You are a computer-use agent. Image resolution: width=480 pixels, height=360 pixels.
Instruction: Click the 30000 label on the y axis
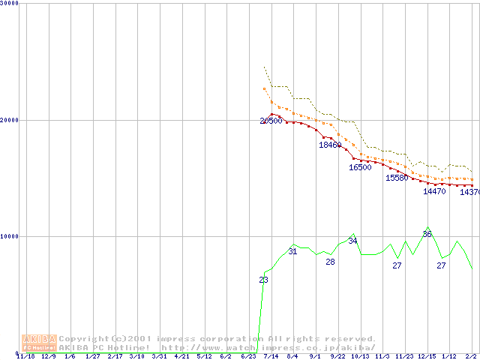tap(10, 3)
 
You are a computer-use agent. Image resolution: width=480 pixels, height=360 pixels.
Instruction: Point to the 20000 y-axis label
tap(10, 120)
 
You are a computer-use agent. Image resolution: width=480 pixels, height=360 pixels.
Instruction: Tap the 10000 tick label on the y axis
tap(10, 236)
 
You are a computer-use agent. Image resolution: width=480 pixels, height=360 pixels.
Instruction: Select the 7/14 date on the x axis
tap(270, 356)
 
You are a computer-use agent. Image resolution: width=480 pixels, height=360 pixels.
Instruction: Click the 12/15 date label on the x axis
tap(427, 356)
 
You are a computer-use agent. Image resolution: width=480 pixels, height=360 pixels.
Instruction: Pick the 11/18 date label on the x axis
tap(25, 356)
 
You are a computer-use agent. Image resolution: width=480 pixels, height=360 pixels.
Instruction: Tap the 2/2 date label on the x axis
tap(471, 356)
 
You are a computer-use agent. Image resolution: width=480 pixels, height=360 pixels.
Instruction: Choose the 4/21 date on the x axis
tap(181, 356)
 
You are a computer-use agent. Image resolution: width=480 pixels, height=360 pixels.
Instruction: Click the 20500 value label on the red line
tap(271, 121)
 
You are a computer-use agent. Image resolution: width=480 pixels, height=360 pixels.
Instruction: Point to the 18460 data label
tap(330, 145)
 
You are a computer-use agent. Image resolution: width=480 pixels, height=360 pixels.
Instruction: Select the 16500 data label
tap(360, 167)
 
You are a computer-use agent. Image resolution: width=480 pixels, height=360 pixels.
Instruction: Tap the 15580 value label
tap(397, 178)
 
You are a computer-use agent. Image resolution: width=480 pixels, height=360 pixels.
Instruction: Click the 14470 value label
tap(434, 191)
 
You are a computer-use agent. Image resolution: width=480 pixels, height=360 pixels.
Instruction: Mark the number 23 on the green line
tap(263, 280)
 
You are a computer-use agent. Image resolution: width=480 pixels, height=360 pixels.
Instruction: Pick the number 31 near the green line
tap(293, 251)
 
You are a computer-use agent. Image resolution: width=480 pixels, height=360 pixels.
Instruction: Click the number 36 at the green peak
tap(427, 234)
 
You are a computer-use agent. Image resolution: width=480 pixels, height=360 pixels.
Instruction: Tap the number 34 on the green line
tap(352, 241)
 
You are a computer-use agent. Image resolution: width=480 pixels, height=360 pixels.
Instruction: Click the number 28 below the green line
tap(330, 262)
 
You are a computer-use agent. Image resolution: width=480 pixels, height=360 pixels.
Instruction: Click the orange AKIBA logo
tap(39, 343)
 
